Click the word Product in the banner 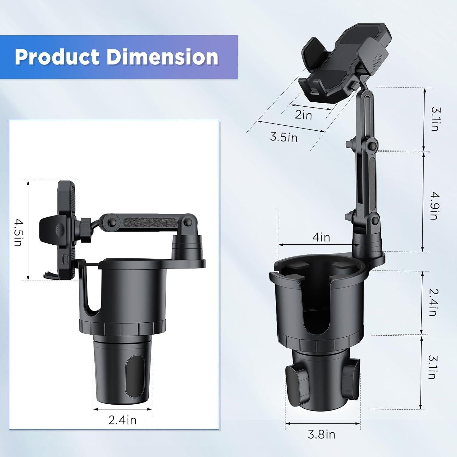pyautogui.click(x=57, y=57)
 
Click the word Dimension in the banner pyautogui.click(x=162, y=57)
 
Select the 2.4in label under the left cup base pyautogui.click(x=122, y=420)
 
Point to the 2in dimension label pyautogui.click(x=303, y=115)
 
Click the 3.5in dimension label pyautogui.click(x=284, y=137)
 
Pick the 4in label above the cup pyautogui.click(x=321, y=237)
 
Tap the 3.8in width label pyautogui.click(x=321, y=434)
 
